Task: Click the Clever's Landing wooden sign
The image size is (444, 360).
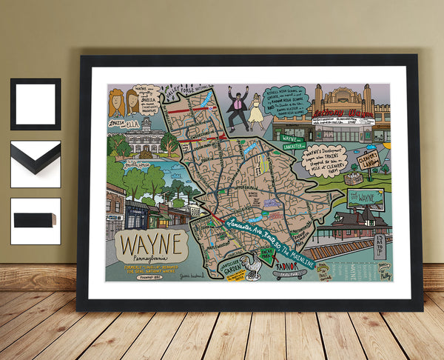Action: click(369, 161)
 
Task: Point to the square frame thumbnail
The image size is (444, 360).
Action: click(36, 104)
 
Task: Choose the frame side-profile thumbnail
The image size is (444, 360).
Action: click(36, 221)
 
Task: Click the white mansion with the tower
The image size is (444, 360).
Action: click(147, 138)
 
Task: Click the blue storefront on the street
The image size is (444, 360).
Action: click(136, 214)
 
